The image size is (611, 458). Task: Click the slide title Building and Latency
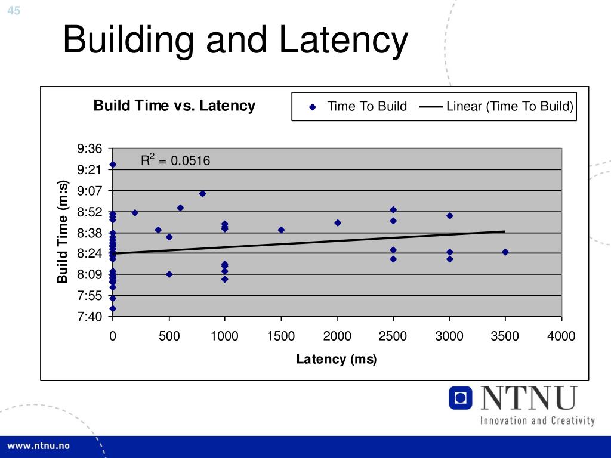click(236, 41)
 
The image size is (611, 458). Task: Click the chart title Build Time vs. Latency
click(174, 106)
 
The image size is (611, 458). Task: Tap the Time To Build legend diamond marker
click(312, 107)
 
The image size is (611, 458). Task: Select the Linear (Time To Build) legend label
click(510, 107)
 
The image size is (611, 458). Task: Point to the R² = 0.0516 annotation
click(175, 160)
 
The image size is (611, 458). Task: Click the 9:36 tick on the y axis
click(90, 148)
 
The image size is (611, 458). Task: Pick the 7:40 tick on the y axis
click(90, 317)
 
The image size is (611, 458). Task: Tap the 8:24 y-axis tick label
click(90, 254)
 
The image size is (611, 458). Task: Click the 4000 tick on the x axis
click(561, 336)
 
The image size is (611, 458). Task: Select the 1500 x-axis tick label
click(281, 336)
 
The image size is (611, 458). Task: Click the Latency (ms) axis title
click(337, 359)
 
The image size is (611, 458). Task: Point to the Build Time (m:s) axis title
click(63, 233)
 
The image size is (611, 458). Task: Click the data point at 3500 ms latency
click(505, 252)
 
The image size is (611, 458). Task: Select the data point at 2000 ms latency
click(338, 223)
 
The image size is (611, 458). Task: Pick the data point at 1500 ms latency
click(281, 230)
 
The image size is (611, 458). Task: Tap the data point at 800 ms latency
click(202, 194)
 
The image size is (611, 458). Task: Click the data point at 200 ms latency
click(135, 212)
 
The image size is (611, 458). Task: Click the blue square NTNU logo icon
click(460, 398)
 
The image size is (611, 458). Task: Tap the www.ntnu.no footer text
click(38, 446)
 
